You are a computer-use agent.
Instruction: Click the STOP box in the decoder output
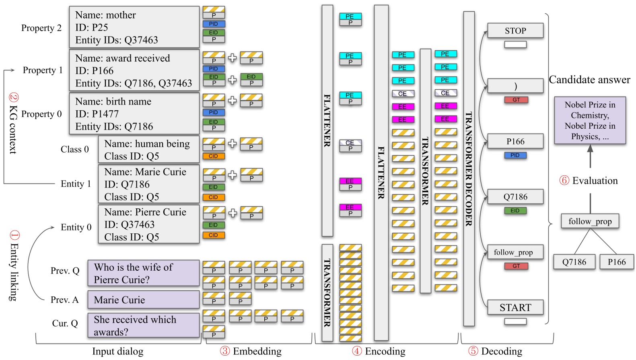pyautogui.click(x=515, y=31)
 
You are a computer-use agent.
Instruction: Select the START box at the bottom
pyautogui.click(x=515, y=307)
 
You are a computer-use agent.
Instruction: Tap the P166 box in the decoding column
pyautogui.click(x=515, y=141)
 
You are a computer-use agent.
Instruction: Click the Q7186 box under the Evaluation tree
pyautogui.click(x=574, y=262)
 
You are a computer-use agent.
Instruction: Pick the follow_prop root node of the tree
pyautogui.click(x=590, y=221)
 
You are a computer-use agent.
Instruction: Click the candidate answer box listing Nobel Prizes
pyautogui.click(x=590, y=120)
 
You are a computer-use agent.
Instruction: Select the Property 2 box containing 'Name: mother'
pyautogui.click(x=134, y=27)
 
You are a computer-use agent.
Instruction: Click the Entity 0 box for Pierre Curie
pyautogui.click(x=148, y=224)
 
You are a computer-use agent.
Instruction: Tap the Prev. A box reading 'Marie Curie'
pyautogui.click(x=143, y=300)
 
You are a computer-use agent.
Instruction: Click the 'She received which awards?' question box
pyautogui.click(x=143, y=325)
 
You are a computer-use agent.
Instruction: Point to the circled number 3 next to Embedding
pyautogui.click(x=225, y=351)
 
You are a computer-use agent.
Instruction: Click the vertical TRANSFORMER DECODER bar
pyautogui.click(x=469, y=169)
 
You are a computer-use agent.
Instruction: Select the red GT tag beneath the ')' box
pyautogui.click(x=516, y=100)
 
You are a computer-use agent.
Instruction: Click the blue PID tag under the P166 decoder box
pyautogui.click(x=515, y=155)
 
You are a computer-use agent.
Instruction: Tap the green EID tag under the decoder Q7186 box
pyautogui.click(x=515, y=210)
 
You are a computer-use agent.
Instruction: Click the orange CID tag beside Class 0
pyautogui.click(x=213, y=156)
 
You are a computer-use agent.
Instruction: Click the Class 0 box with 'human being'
pyautogui.click(x=148, y=150)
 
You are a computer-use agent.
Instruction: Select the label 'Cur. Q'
pyautogui.click(x=65, y=323)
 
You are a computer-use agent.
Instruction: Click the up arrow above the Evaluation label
pyautogui.click(x=590, y=156)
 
